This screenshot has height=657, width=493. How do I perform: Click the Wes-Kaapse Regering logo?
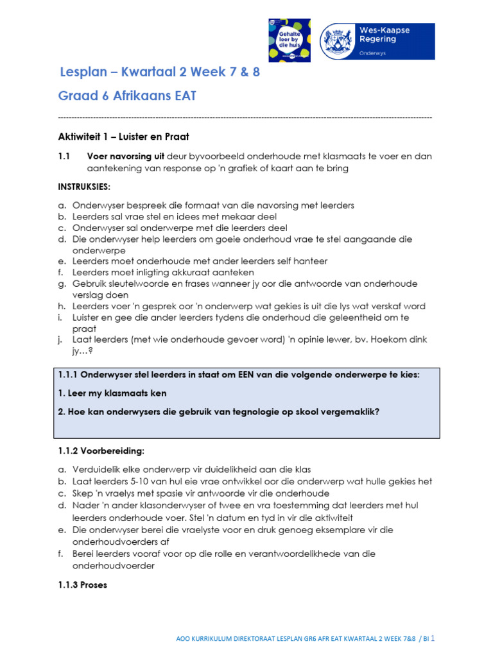[x=377, y=41]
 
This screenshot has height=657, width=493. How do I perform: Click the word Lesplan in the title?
[x=83, y=72]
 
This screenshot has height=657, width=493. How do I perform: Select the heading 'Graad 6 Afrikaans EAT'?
[x=127, y=96]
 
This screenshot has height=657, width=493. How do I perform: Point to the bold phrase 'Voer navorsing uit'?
[x=125, y=157]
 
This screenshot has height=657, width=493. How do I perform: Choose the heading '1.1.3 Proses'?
[x=83, y=585]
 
